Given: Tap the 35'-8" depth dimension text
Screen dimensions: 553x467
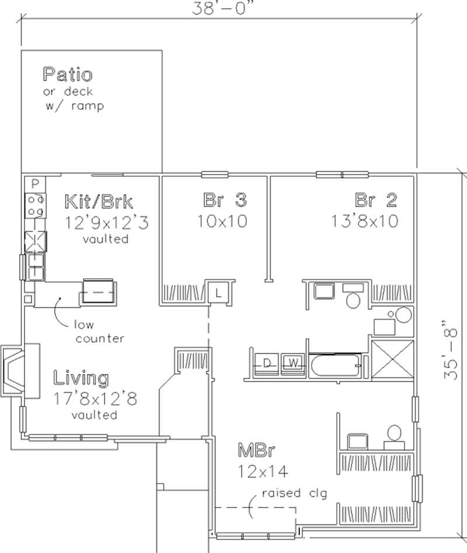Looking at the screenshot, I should [x=450, y=351].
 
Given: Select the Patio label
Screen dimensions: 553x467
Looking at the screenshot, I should [x=67, y=75].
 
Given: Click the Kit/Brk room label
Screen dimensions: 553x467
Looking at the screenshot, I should [x=98, y=202].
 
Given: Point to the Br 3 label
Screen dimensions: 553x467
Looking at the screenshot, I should [x=225, y=200].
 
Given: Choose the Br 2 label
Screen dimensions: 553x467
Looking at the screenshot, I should [x=376, y=200].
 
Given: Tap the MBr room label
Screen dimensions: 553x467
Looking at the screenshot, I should [x=256, y=450].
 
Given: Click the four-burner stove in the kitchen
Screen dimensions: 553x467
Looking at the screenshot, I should [x=35, y=205].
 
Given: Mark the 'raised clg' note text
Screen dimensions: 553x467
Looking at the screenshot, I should [x=294, y=494].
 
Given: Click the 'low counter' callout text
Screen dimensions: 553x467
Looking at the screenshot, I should [x=99, y=331].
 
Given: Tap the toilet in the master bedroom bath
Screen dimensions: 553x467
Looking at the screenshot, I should [x=395, y=433].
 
